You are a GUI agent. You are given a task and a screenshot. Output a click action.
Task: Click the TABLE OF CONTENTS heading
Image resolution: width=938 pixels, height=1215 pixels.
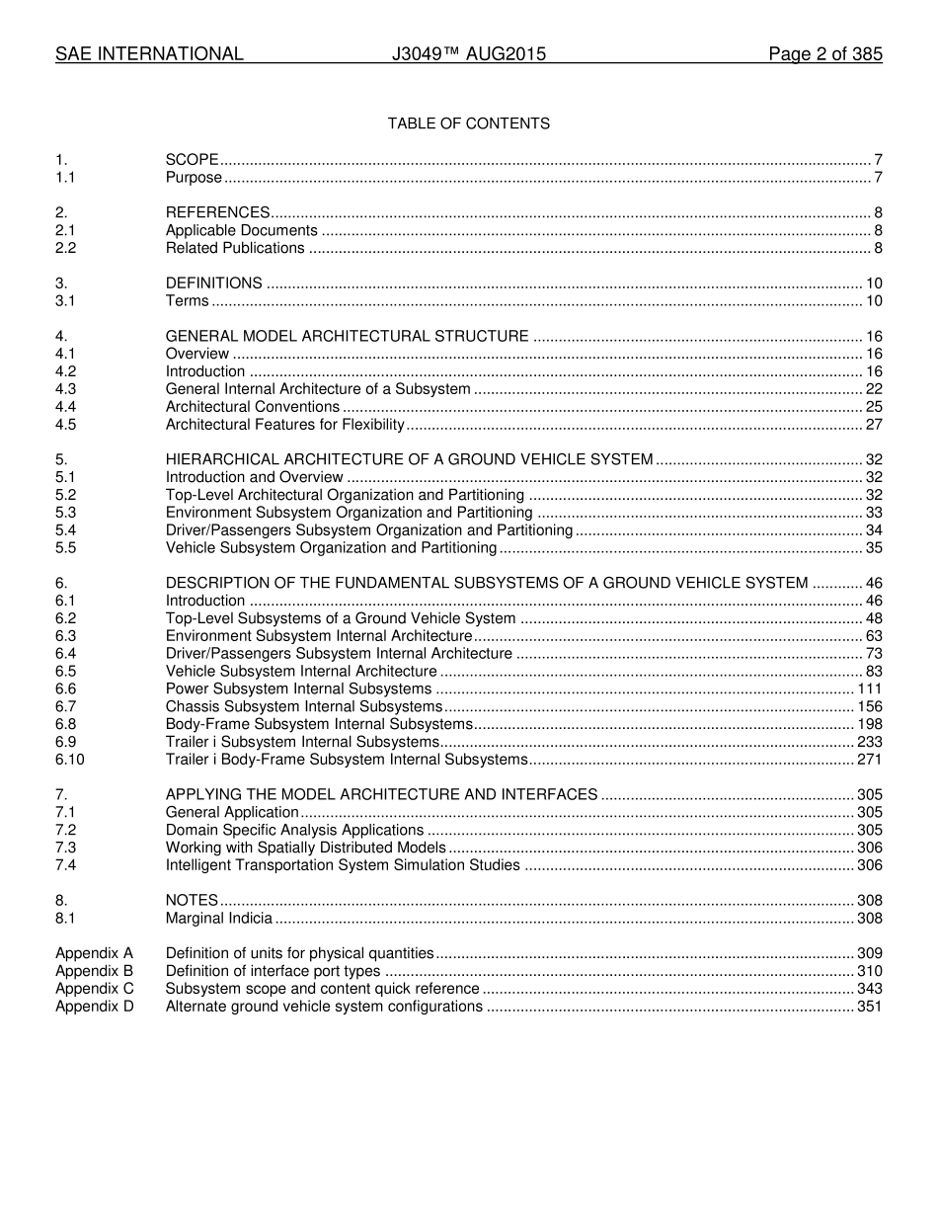click(x=468, y=123)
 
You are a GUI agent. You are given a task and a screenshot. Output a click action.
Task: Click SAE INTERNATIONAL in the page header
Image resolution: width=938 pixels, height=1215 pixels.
click(x=149, y=54)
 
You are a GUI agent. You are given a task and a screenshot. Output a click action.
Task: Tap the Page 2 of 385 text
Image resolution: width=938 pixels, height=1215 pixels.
click(x=824, y=54)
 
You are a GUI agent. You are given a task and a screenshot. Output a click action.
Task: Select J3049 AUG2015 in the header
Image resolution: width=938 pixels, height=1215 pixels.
click(x=468, y=54)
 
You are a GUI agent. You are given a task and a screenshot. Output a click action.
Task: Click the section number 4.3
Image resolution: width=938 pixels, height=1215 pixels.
click(x=66, y=389)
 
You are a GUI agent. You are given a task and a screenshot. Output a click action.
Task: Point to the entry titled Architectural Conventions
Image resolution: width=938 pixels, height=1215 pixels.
click(x=252, y=407)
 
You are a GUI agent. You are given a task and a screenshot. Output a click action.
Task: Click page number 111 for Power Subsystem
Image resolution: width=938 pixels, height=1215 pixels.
click(x=869, y=688)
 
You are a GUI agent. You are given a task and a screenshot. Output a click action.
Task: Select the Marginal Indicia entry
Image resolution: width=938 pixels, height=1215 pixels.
click(x=218, y=919)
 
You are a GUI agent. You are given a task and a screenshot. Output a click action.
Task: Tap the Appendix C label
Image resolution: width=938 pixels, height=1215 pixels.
click(x=94, y=989)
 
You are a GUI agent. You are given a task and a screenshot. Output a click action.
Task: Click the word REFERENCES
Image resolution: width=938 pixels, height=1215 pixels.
click(x=217, y=212)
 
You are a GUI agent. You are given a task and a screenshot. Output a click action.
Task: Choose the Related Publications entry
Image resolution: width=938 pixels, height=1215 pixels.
click(x=235, y=248)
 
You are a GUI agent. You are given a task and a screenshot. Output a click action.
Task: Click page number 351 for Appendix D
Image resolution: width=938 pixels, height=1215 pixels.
click(x=869, y=1007)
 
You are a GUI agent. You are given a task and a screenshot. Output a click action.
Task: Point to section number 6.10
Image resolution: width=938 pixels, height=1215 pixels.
click(x=70, y=760)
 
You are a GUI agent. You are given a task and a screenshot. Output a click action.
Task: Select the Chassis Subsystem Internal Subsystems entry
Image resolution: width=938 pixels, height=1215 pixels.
click(x=303, y=706)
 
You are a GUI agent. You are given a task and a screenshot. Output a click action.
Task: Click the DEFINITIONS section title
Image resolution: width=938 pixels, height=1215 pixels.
click(x=213, y=283)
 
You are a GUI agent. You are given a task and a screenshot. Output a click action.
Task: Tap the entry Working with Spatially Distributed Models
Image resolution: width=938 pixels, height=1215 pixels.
click(x=305, y=848)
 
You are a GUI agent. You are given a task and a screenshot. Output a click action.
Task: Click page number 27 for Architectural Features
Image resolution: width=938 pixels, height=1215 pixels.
click(x=873, y=425)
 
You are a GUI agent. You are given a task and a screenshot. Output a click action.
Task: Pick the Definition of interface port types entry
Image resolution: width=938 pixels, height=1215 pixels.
click(x=273, y=971)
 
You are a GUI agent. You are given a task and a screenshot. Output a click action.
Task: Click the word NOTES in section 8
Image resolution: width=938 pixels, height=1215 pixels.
click(x=192, y=901)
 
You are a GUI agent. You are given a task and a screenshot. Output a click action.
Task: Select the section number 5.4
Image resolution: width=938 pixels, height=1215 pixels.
click(x=66, y=530)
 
